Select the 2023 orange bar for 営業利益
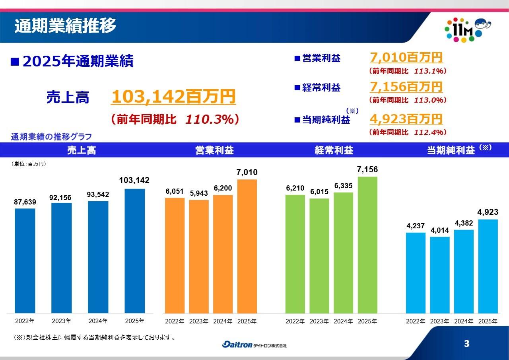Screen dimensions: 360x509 tap(199, 257)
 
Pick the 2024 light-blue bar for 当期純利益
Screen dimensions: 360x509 tap(464, 272)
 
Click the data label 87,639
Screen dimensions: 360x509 tap(25, 202)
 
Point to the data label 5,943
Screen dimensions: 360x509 tap(199, 194)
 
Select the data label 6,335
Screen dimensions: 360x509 tap(344, 186)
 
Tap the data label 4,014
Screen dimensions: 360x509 tap(440, 230)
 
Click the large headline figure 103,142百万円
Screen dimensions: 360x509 tap(173, 97)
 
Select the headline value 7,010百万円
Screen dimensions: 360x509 tap(406, 57)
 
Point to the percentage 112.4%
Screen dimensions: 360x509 tap(430, 132)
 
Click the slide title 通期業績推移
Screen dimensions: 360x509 tap(65, 26)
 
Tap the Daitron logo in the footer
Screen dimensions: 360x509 tap(254, 344)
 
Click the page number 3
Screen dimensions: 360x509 tap(467, 344)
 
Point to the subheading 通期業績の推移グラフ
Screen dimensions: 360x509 tap(51, 137)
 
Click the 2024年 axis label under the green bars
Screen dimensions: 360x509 tap(344, 321)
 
